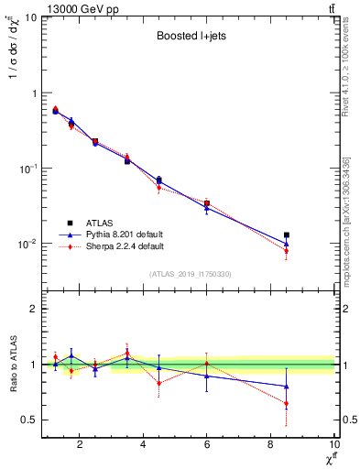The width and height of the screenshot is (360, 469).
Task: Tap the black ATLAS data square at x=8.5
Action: tap(287, 235)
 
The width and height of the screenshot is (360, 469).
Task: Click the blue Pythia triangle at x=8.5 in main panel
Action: tap(287, 244)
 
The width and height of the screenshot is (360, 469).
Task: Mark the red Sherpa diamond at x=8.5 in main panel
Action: tap(287, 251)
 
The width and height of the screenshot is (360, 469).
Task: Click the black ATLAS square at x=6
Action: tap(207, 203)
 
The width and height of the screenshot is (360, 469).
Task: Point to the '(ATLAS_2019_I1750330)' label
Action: tap(190, 274)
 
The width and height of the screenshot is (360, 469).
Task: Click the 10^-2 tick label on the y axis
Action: tap(27, 245)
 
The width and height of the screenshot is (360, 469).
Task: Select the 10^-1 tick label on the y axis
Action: tap(27, 169)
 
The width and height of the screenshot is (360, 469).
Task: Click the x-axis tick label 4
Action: tap(144, 446)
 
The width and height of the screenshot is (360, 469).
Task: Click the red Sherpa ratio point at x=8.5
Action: tap(287, 403)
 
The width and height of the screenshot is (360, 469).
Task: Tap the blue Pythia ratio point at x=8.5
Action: tap(287, 387)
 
